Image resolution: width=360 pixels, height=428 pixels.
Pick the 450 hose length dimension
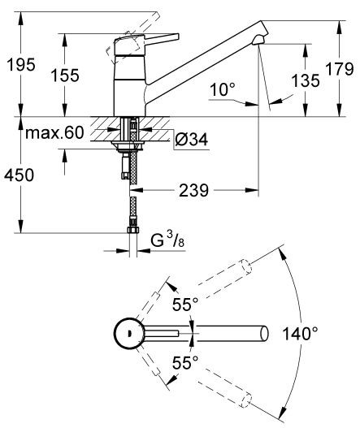pyautogui.click(x=20, y=173)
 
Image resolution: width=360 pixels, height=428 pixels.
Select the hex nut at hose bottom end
pyautogui.click(x=132, y=231)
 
